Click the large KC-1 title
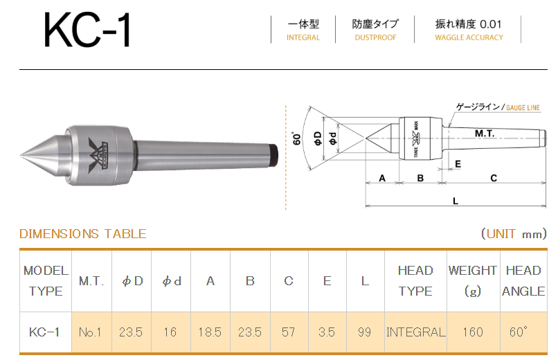tap(87, 30)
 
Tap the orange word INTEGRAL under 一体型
tap(303, 37)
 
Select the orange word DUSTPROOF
tap(375, 37)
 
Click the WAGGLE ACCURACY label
tap(469, 37)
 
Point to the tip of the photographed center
tap(21, 155)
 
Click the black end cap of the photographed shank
tap(273, 155)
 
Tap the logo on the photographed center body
tap(96, 155)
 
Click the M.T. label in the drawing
tap(485, 134)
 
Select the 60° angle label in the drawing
tap(296, 138)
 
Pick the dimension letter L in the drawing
tap(456, 201)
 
